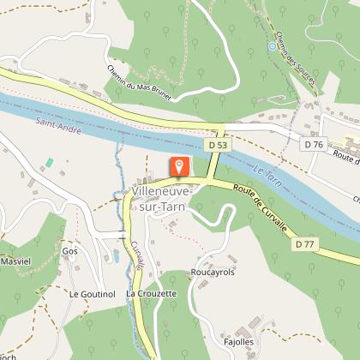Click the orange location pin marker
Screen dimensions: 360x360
pos(180,167)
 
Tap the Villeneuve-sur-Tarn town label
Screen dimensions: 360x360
pos(163,200)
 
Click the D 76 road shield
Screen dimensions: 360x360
pos(313,145)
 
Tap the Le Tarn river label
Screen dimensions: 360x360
pos(268,175)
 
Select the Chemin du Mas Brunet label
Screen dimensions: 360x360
pos(141,83)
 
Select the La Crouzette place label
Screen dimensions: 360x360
pos(151,293)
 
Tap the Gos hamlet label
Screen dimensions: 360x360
pos(69,251)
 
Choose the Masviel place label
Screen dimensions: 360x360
pos(15,260)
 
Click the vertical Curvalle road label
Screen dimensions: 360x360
pos(137,255)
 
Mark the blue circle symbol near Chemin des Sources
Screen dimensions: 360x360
pos(273,46)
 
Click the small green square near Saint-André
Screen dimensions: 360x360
pos(49,162)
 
